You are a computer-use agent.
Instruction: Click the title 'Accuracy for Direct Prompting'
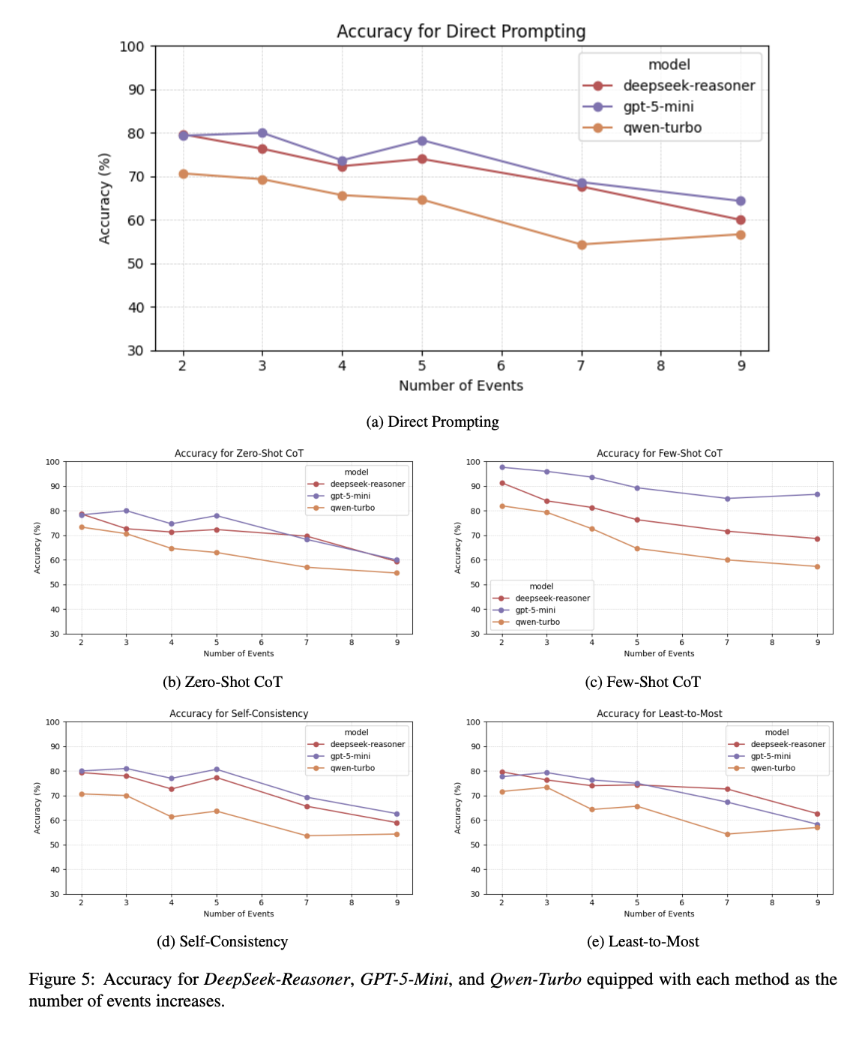461,31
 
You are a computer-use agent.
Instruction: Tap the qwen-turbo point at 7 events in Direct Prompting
581,244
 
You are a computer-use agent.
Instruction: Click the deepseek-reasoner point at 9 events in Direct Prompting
741,220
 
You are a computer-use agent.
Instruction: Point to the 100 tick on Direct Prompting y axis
132,46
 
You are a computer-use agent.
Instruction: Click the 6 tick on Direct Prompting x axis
501,366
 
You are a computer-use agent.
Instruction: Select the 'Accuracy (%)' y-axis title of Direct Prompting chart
105,198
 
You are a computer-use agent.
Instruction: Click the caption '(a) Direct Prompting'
433,421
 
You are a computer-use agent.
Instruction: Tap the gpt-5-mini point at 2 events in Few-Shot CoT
501,467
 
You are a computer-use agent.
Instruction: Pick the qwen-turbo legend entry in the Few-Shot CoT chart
537,622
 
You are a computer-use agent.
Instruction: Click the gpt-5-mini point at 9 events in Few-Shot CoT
817,494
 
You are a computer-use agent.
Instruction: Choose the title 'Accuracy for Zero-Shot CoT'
238,453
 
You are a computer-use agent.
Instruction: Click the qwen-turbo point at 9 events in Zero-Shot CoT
397,573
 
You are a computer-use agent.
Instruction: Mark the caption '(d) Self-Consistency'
222,941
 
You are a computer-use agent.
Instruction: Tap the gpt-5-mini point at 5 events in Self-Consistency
217,769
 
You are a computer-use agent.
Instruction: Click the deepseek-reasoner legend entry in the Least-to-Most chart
788,744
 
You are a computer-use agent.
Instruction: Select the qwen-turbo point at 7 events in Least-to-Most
727,834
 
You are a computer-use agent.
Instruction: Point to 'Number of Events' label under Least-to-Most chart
659,913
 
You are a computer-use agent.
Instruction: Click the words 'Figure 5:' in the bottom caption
62,979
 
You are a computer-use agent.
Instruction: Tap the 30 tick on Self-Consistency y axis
54,894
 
